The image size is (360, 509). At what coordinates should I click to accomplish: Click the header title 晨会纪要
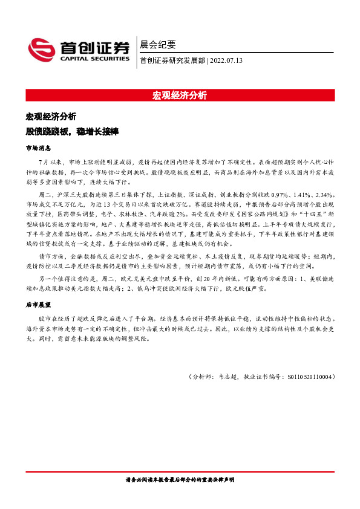point(158,45)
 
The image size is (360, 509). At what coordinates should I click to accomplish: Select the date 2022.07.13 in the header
point(227,61)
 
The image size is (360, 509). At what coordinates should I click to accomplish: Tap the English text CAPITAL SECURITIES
point(94,59)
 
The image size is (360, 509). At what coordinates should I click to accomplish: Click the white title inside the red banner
point(180,96)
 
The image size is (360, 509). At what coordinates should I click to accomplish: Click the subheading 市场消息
point(38,148)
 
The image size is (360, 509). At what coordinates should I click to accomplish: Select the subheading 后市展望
point(38,306)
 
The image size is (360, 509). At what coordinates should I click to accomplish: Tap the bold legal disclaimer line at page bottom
point(180,479)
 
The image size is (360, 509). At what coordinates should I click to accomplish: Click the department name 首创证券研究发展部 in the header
point(172,61)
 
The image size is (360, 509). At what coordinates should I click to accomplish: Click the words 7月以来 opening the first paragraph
point(49,163)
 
